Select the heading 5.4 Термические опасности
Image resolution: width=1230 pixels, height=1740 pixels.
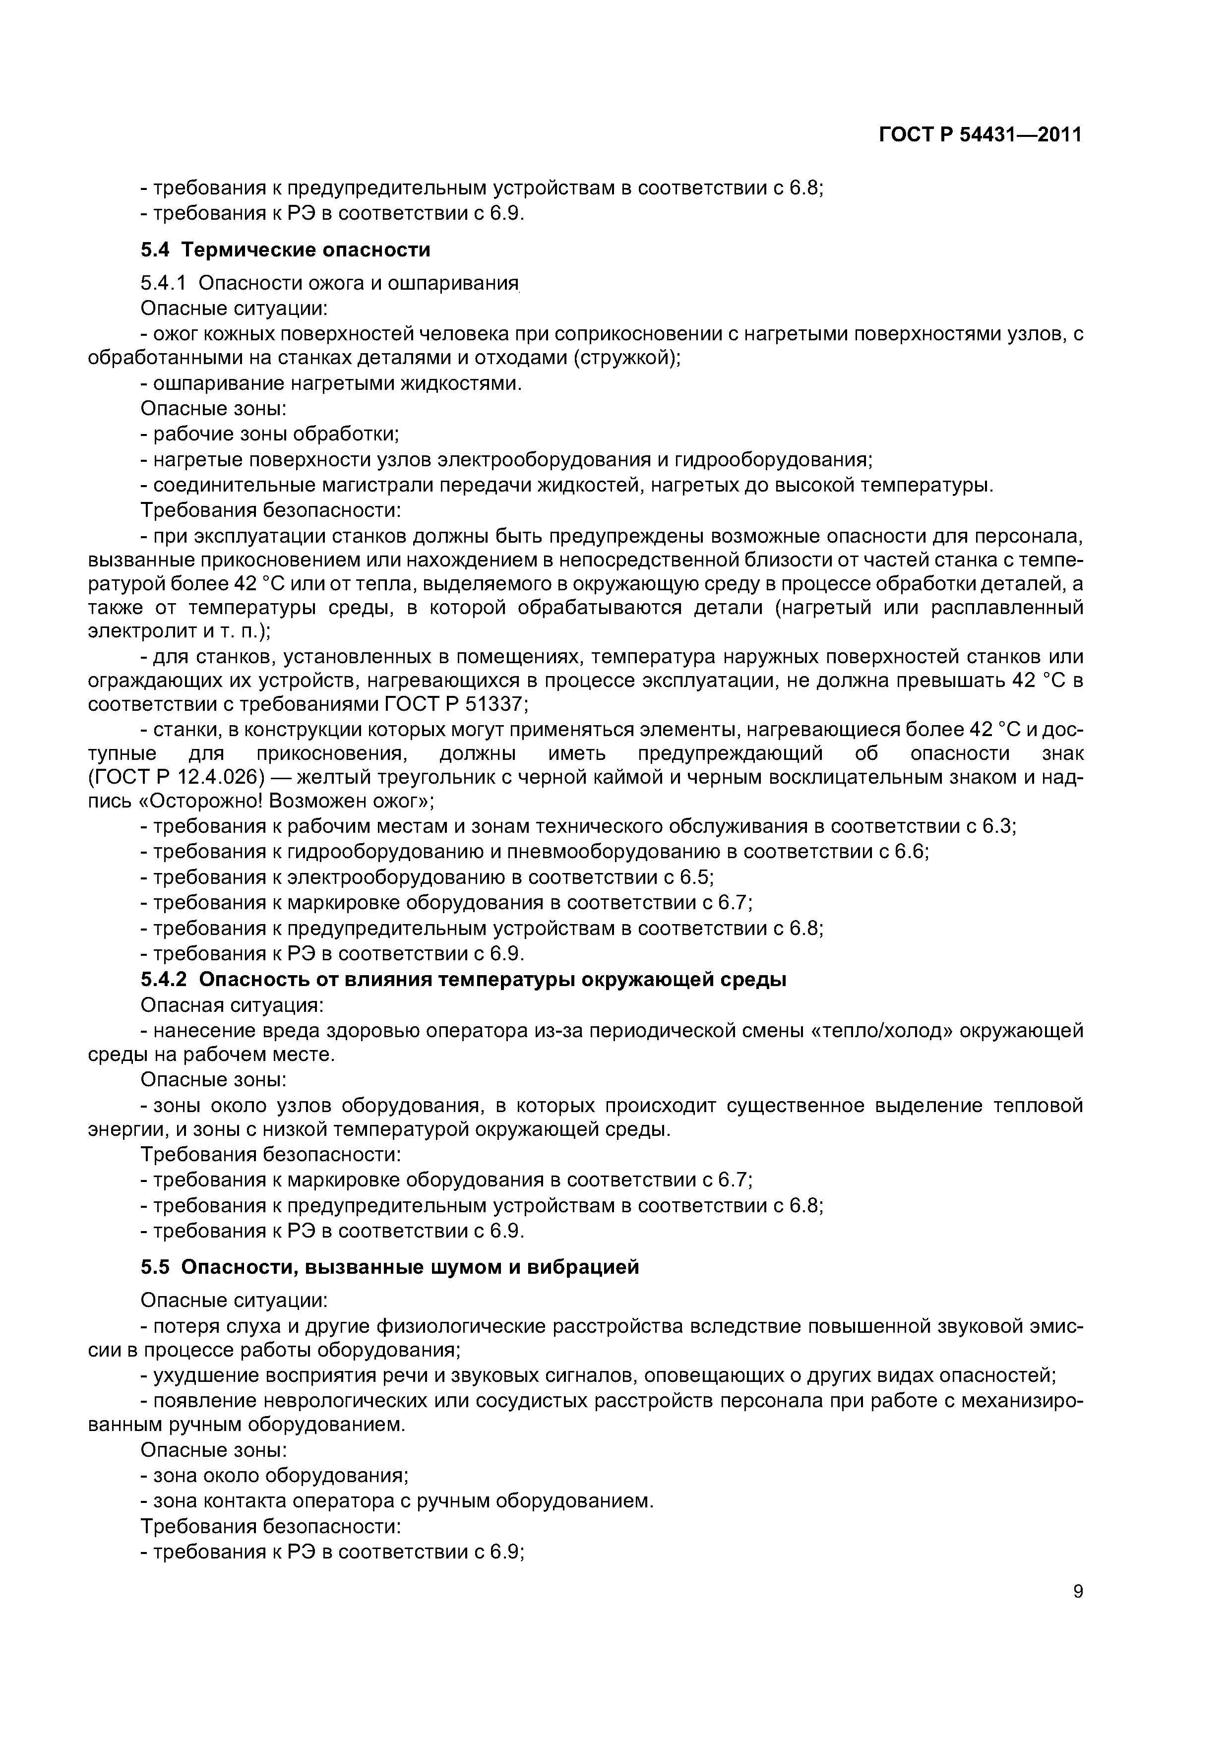pyautogui.click(x=285, y=249)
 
